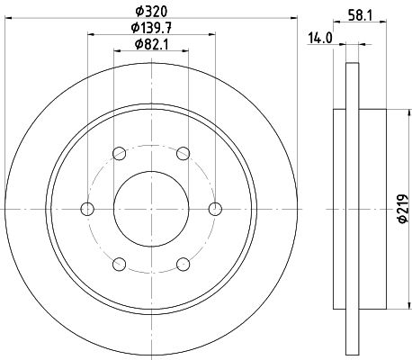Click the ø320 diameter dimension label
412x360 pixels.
pos(151,12)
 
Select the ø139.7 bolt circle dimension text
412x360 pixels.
pos(151,28)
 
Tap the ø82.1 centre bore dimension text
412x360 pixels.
pos(151,44)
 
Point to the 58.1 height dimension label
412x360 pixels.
pos(360,15)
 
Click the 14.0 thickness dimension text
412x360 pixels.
pos(320,39)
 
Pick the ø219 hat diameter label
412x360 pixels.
pos(404,209)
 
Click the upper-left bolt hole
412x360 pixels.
pos(120,154)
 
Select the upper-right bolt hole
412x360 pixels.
pos(183,154)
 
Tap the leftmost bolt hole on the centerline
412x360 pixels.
pos(87,209)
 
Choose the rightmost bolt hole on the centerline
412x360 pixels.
pos(215,209)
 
